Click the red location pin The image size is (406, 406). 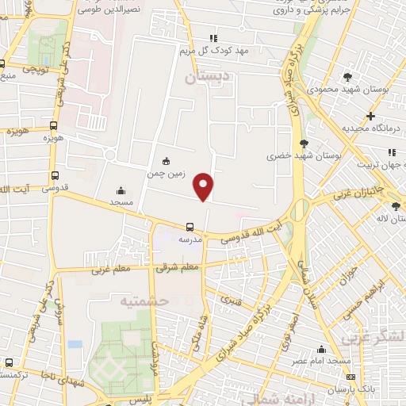click(x=204, y=186)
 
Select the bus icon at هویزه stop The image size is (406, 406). click(x=54, y=125)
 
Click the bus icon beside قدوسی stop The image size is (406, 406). click(x=55, y=176)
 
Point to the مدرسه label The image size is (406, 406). click(x=189, y=238)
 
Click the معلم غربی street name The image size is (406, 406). click(x=111, y=270)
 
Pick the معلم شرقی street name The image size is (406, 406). click(x=178, y=268)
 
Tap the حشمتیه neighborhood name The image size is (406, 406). click(x=144, y=301)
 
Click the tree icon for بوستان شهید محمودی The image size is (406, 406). click(x=348, y=77)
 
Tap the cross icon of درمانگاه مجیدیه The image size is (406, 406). click(x=370, y=117)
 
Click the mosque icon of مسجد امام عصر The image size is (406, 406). click(x=322, y=349)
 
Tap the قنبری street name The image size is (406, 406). click(x=232, y=301)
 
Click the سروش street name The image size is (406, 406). click(x=56, y=313)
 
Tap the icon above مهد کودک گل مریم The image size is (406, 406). click(x=213, y=37)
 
